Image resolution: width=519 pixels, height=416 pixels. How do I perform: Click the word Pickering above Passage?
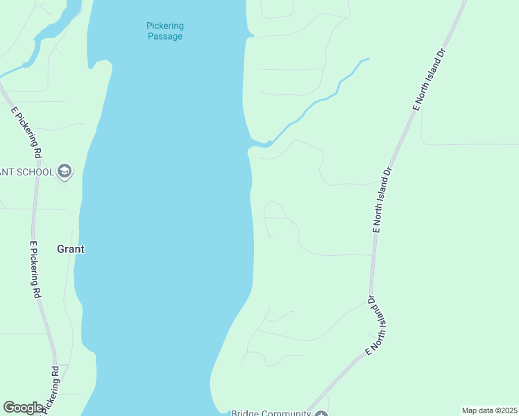165,26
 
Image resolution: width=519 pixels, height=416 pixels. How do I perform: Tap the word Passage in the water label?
165,36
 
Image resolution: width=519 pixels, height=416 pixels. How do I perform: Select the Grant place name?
70,249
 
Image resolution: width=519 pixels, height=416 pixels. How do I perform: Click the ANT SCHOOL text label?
26,171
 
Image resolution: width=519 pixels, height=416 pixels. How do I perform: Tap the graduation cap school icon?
65,171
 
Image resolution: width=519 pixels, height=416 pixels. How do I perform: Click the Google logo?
23,408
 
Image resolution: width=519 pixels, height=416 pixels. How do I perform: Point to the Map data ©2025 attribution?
489,410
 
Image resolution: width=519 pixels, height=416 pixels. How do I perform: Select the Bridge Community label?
270,413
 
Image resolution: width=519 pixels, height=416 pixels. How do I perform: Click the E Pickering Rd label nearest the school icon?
27,132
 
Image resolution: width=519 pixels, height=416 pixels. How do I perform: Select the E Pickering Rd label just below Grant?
35,270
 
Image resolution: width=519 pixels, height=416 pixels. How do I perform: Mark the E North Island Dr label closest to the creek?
427,80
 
